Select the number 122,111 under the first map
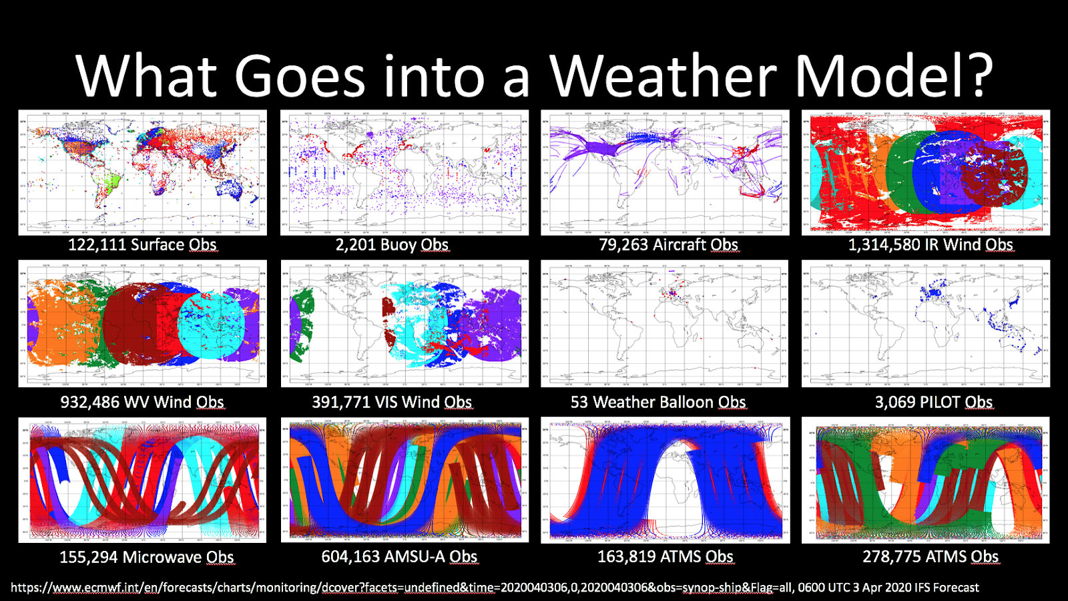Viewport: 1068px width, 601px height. [x=97, y=245]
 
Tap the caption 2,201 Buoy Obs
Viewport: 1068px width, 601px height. [x=392, y=245]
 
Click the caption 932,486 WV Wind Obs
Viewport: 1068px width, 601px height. [x=142, y=402]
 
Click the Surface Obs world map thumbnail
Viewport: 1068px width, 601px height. [x=142, y=172]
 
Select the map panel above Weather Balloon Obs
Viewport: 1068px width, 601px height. [x=665, y=324]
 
